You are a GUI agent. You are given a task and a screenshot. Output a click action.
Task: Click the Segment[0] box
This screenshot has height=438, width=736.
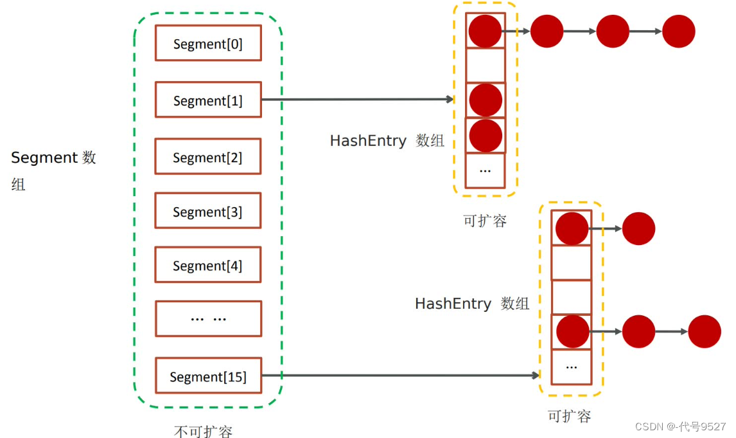click(x=208, y=43)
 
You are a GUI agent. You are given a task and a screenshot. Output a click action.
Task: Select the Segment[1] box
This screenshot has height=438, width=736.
click(x=208, y=100)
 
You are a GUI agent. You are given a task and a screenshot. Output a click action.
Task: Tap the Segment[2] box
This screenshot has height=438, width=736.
click(x=208, y=156)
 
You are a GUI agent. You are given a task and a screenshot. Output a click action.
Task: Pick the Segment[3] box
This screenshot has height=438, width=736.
click(x=208, y=210)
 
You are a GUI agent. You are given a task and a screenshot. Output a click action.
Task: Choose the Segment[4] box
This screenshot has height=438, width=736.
click(x=208, y=264)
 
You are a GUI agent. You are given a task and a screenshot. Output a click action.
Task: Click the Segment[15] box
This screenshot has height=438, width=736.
click(x=208, y=376)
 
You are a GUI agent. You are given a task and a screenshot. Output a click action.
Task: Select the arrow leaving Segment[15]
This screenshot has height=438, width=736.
click(x=400, y=375)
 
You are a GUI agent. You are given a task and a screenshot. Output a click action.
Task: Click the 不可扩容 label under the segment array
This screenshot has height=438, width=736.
click(x=203, y=431)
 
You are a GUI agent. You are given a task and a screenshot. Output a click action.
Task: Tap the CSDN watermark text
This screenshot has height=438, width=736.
click(x=680, y=426)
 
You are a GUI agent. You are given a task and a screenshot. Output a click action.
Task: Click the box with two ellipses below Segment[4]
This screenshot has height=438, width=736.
click(x=208, y=318)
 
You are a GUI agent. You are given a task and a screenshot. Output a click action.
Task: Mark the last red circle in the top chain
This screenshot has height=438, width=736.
click(x=678, y=31)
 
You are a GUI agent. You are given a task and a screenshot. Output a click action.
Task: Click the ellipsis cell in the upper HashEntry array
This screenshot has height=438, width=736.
click(x=486, y=170)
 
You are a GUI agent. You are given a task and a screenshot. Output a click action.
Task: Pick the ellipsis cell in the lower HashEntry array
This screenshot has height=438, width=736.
click(x=571, y=367)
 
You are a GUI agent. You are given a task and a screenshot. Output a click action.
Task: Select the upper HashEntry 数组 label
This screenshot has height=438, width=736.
click(x=387, y=140)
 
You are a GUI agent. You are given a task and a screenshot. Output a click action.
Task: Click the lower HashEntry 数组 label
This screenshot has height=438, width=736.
click(x=472, y=304)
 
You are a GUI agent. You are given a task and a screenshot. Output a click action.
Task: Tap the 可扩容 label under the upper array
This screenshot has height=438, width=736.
click(x=485, y=221)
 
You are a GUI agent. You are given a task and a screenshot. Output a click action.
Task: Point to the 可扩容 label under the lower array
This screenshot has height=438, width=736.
click(x=570, y=416)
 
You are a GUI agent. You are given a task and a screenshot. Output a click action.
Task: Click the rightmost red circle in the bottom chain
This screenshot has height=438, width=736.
click(x=704, y=331)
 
